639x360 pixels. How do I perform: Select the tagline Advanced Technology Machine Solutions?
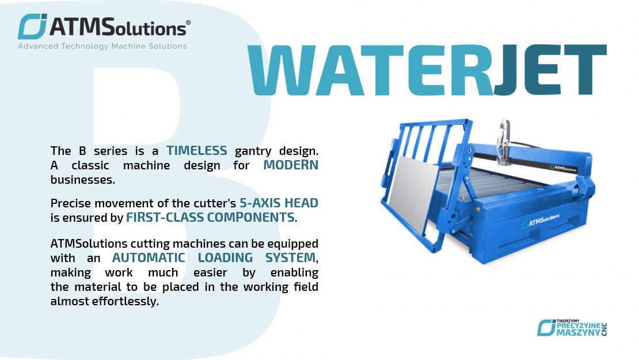click(102, 46)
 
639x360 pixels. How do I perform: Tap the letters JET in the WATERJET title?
click(549, 70)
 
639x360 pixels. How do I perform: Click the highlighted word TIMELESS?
click(197, 151)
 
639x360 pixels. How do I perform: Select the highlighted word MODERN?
click(291, 165)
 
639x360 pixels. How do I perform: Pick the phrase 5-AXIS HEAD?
click(279, 203)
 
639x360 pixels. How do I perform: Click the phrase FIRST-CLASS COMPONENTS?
click(210, 218)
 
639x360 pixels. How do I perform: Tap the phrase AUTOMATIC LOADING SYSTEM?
click(214, 257)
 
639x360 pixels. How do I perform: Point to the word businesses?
click(82, 179)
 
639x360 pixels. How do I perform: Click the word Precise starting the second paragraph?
click(70, 203)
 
